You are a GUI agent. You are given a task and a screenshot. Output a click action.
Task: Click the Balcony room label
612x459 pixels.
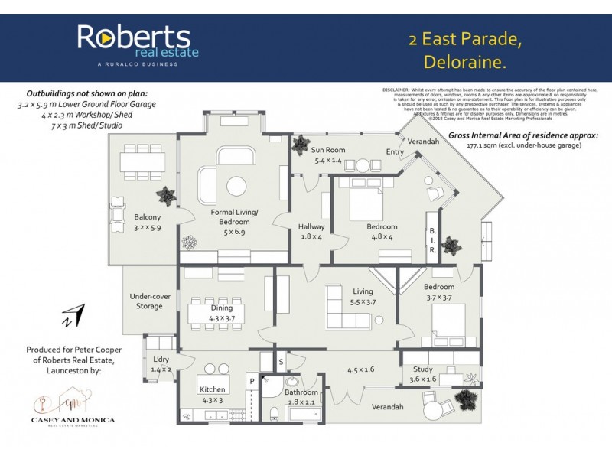(x=148, y=222)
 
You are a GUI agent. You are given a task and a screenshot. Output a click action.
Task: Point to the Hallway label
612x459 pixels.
(x=312, y=232)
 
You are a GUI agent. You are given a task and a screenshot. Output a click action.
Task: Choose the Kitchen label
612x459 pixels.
(x=212, y=394)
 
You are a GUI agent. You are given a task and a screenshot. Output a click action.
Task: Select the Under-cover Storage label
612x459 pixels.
(x=149, y=301)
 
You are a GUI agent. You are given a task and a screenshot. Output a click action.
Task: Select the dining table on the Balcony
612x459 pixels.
(x=142, y=162)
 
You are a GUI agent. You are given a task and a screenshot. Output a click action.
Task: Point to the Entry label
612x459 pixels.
(x=396, y=152)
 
